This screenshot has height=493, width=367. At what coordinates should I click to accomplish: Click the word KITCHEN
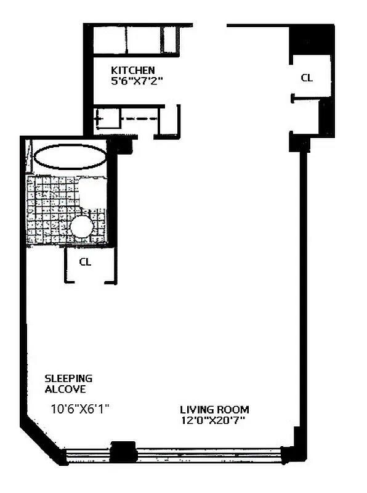tap(132, 70)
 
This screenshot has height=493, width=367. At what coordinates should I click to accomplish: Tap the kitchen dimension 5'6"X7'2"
tap(136, 81)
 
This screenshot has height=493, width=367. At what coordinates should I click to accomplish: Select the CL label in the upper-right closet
tap(306, 78)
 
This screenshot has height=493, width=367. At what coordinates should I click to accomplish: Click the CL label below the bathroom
tap(85, 261)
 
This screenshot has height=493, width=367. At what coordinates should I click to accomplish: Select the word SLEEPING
tap(68, 378)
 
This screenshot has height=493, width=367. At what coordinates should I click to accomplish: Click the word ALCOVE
tap(64, 389)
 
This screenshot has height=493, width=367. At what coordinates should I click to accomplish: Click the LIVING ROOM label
tap(214, 410)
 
